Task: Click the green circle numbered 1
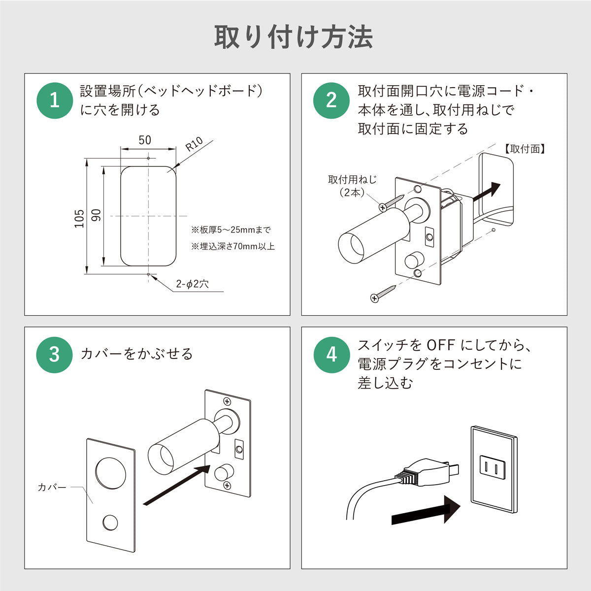pyautogui.click(x=55, y=100)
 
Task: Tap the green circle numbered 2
pyautogui.click(x=331, y=100)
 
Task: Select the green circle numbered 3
pyautogui.click(x=55, y=355)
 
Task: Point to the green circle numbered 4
pyautogui.click(x=331, y=355)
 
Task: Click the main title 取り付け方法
pyautogui.click(x=294, y=37)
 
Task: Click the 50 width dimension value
pyautogui.click(x=145, y=140)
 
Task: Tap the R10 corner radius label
pyautogui.click(x=194, y=145)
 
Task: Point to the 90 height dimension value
pyautogui.click(x=96, y=215)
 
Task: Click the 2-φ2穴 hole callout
pyautogui.click(x=193, y=284)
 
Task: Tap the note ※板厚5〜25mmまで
pyautogui.click(x=231, y=230)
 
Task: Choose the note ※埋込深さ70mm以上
pyautogui.click(x=233, y=246)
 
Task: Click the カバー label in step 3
pyautogui.click(x=52, y=488)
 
